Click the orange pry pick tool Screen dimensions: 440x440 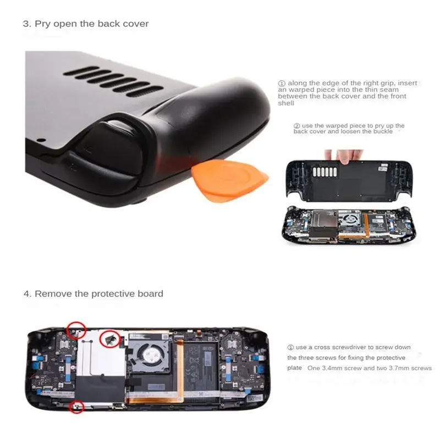[229, 180]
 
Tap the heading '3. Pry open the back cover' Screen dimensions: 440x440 [86, 24]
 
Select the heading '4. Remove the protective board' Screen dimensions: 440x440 [94, 294]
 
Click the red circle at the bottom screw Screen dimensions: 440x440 [76, 406]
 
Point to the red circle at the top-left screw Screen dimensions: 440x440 [76, 331]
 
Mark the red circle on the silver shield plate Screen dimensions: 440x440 [111, 339]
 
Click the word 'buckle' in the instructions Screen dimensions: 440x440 [383, 131]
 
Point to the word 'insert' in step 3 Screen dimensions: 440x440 [408, 83]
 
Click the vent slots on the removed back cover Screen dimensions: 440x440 [324, 172]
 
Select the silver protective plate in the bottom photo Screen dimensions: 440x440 [100, 354]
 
